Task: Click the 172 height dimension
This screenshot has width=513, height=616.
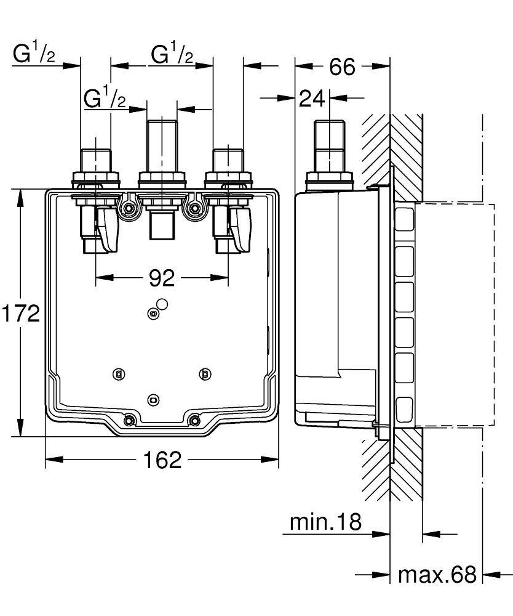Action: [20, 314]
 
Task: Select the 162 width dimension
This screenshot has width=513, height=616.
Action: [162, 460]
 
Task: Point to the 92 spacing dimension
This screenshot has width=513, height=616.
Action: [162, 278]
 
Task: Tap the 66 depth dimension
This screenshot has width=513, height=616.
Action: [342, 67]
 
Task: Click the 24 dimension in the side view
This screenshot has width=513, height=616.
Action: [312, 98]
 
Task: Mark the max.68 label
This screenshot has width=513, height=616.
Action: [437, 575]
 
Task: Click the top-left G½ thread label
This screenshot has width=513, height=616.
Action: [34, 55]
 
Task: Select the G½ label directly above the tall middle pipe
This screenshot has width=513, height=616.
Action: [105, 97]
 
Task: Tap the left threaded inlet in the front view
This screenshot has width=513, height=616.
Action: [95, 161]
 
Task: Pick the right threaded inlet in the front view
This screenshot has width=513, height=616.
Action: [228, 161]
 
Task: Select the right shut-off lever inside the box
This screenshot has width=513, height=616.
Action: [241, 229]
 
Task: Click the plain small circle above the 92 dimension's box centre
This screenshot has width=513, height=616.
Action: [162, 304]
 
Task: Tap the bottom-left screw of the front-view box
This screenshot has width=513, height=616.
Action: [129, 421]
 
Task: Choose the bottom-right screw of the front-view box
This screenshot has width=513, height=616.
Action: [195, 421]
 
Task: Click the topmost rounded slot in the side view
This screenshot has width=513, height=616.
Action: [404, 219]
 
